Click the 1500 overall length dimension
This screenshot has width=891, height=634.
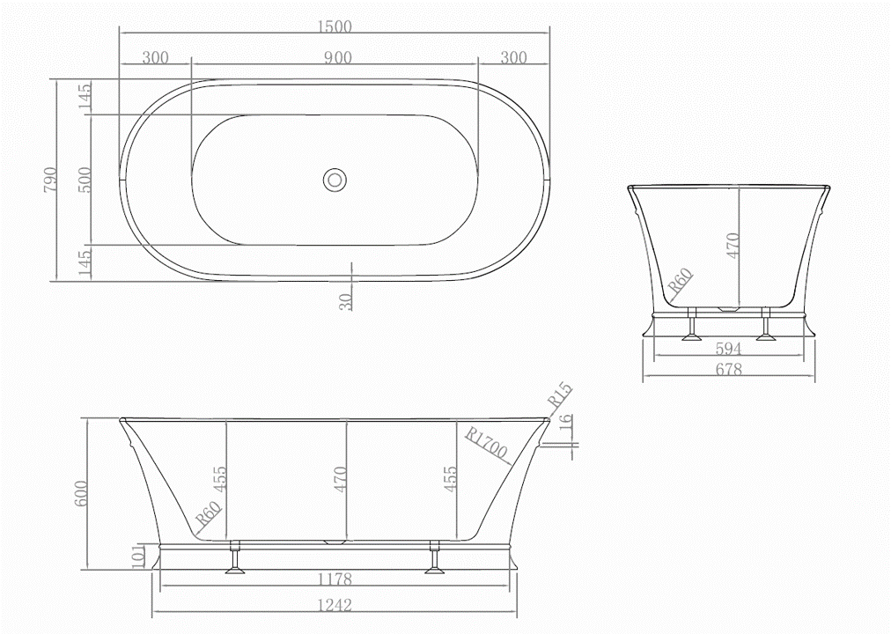tap(335, 26)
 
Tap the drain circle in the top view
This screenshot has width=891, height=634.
tap(335, 179)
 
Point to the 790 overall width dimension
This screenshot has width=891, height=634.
tap(49, 179)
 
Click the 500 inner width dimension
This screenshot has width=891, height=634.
tap(84, 179)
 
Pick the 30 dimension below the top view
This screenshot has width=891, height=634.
tap(346, 299)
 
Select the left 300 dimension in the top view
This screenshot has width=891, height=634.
tap(154, 58)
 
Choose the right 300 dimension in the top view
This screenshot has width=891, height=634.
tap(512, 58)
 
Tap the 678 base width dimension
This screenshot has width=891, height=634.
tap(729, 370)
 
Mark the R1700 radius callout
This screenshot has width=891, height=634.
tap(486, 443)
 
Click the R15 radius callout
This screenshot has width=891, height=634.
tap(560, 394)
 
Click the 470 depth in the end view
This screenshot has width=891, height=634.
tap(733, 245)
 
